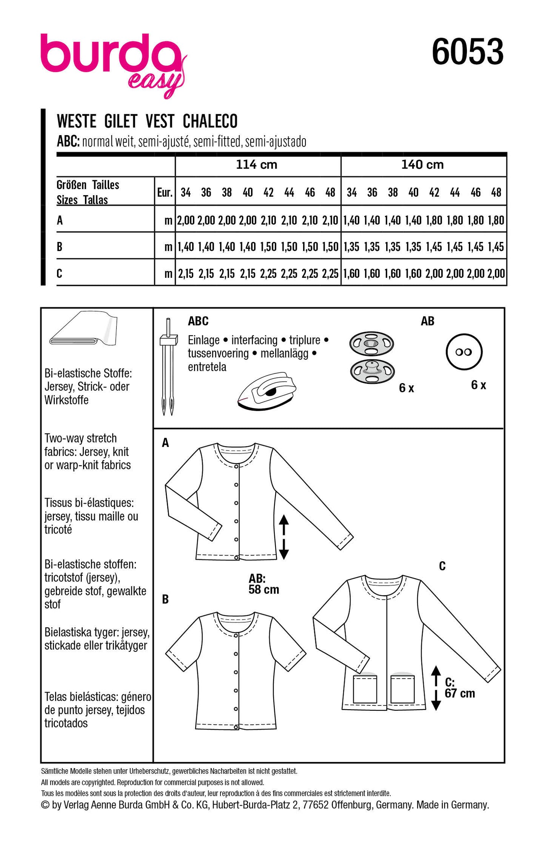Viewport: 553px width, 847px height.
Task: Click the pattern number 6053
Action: tap(467, 52)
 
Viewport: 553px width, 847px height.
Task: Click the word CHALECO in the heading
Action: tap(210, 121)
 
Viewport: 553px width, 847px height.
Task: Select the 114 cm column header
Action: tap(256, 165)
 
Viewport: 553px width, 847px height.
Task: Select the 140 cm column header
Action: tap(422, 165)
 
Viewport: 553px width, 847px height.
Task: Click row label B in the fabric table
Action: tap(60, 247)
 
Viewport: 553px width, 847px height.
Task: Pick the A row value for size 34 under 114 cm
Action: tap(186, 220)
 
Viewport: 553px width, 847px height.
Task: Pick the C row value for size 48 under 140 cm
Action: tap(496, 274)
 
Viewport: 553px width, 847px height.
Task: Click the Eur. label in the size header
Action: tap(165, 192)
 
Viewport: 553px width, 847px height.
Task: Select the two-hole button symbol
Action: tap(464, 352)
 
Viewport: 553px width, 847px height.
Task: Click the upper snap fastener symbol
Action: tap(371, 343)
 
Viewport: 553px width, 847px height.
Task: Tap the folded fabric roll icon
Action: tap(84, 330)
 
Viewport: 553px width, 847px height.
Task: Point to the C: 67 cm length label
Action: tap(459, 688)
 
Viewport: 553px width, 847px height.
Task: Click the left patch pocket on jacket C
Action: tap(365, 689)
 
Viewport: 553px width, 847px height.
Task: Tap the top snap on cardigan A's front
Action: tap(236, 467)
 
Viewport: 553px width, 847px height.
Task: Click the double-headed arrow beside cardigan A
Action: tap(284, 537)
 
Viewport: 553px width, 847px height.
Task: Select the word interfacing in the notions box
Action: tap(254, 340)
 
